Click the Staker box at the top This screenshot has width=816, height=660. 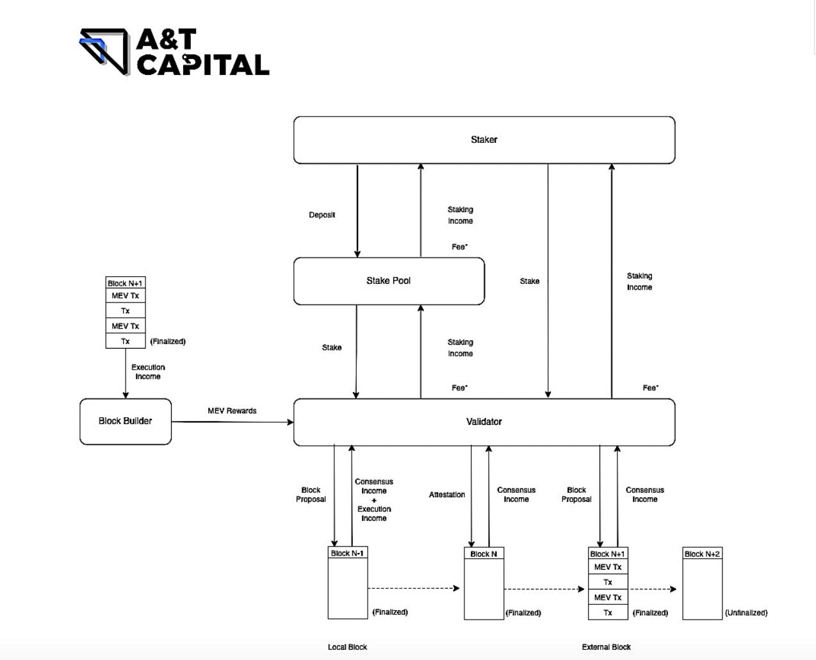484,140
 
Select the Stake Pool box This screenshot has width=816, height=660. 389,281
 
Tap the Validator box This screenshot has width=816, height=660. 484,422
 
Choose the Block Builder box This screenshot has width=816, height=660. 126,421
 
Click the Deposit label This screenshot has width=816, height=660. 322,215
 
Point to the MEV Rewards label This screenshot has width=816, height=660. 232,411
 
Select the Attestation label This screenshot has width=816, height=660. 447,495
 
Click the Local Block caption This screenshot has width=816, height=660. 347,647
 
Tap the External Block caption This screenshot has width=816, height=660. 606,647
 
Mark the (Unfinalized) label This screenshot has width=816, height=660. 746,613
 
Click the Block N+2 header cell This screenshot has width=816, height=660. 702,554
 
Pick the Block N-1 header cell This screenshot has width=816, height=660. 347,553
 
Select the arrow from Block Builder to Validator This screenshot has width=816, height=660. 232,422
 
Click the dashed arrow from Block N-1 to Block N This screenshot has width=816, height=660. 413,588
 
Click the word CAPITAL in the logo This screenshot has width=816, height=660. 203,65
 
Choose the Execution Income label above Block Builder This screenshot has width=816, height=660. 148,372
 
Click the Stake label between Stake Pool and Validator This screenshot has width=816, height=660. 332,347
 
